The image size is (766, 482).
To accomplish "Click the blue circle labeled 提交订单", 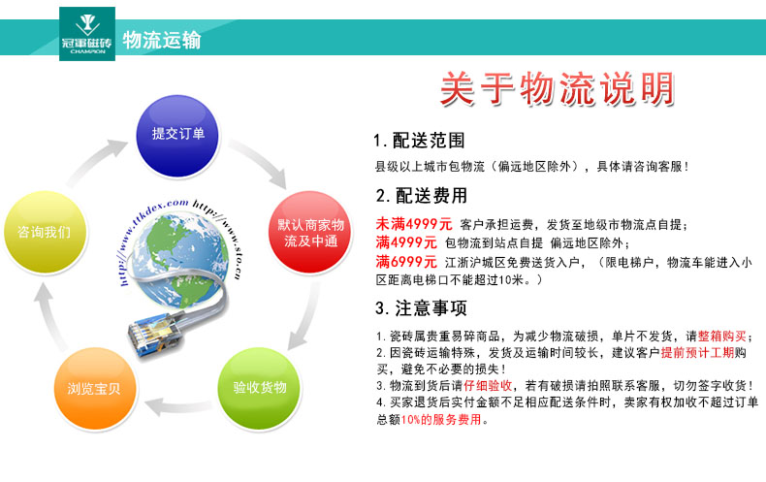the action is (x=177, y=136).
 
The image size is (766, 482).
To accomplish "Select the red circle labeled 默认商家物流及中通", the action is (x=310, y=232).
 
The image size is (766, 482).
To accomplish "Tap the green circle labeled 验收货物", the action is (x=260, y=389).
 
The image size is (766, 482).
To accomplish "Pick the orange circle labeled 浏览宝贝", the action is (x=94, y=389).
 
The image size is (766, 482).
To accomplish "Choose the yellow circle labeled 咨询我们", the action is (x=45, y=232).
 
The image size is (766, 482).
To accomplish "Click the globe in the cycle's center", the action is (x=179, y=259).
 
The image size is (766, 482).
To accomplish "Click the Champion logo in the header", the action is (x=87, y=34).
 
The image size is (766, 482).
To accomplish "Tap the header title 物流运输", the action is (x=162, y=40).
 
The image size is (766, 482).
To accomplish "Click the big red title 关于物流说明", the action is (x=558, y=88).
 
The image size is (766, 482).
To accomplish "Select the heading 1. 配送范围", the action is (x=419, y=141).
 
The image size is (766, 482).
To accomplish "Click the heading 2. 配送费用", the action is (x=422, y=196).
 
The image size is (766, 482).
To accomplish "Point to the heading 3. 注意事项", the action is (x=421, y=308).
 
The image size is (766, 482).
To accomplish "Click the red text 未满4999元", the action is (x=414, y=224).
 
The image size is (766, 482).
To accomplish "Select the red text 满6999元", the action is (x=406, y=262).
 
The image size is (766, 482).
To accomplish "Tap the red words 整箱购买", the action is (x=722, y=337).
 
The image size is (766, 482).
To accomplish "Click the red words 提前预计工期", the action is (x=697, y=352).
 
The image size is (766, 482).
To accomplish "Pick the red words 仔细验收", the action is (x=488, y=386).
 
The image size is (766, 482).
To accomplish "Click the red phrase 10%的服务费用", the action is (x=441, y=419).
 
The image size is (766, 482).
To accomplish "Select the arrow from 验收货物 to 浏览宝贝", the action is (x=178, y=406).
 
